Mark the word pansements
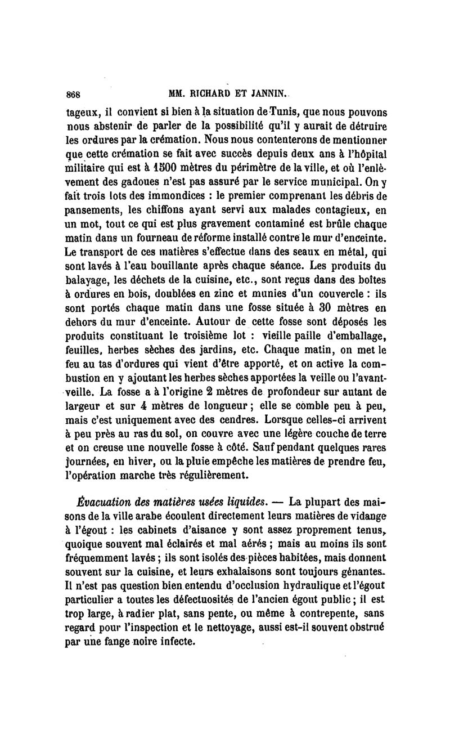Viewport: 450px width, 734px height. (x=92, y=210)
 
